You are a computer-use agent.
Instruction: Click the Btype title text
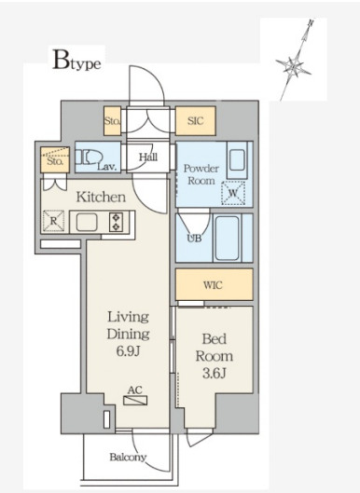(x=76, y=60)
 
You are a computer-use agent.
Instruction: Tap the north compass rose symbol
(x=294, y=67)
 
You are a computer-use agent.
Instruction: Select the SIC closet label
(x=196, y=121)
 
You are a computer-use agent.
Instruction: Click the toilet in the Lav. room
(x=90, y=157)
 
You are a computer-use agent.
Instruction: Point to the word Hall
(x=148, y=157)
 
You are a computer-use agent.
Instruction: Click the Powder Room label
(x=201, y=174)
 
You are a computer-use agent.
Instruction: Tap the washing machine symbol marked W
(x=233, y=193)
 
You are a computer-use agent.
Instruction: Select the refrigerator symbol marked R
(x=53, y=221)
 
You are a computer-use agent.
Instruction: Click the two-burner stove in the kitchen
(x=116, y=222)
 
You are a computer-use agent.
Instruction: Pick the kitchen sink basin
(x=87, y=222)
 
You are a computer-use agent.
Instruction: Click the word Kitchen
(x=101, y=198)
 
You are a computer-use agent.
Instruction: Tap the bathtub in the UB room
(x=227, y=238)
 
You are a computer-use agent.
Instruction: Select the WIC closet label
(x=213, y=285)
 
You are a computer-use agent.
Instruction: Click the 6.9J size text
(x=128, y=351)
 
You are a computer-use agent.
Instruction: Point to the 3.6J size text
(x=215, y=374)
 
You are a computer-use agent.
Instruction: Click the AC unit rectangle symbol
(x=135, y=401)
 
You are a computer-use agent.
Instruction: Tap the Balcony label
(x=128, y=458)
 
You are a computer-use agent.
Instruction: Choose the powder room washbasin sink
(x=237, y=159)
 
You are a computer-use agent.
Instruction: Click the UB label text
(x=194, y=239)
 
